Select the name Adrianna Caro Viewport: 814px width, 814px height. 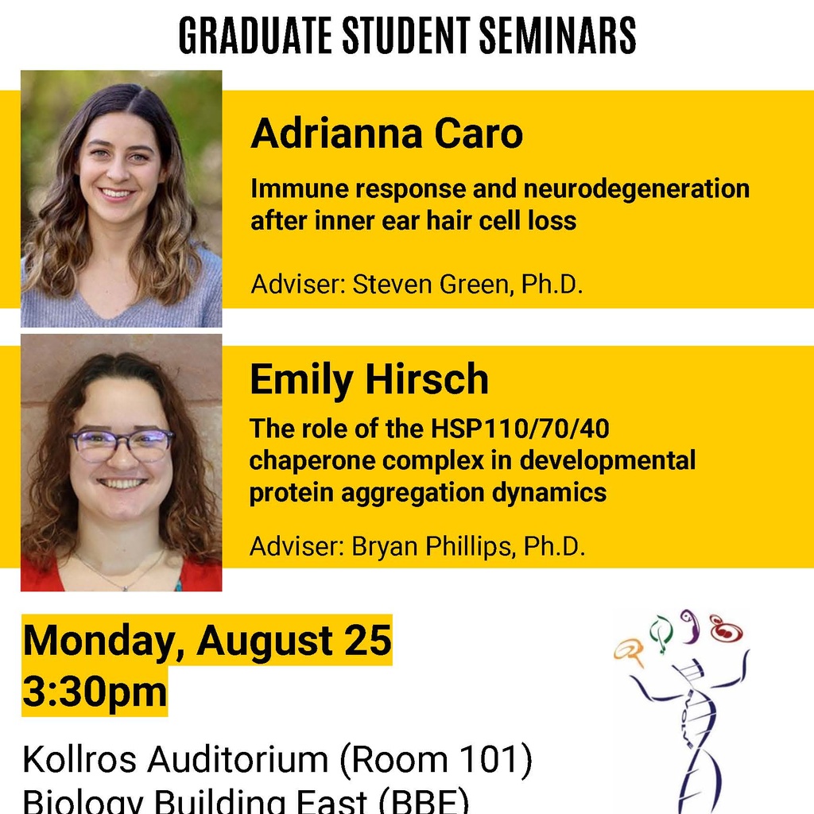pos(387,134)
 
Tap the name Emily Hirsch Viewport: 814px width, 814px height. pos(369,379)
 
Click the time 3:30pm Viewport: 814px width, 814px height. pos(95,692)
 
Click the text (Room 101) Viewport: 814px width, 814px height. pos(435,759)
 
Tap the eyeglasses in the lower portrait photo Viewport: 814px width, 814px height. pos(122,444)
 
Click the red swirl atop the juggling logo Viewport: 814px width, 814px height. pos(725,629)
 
